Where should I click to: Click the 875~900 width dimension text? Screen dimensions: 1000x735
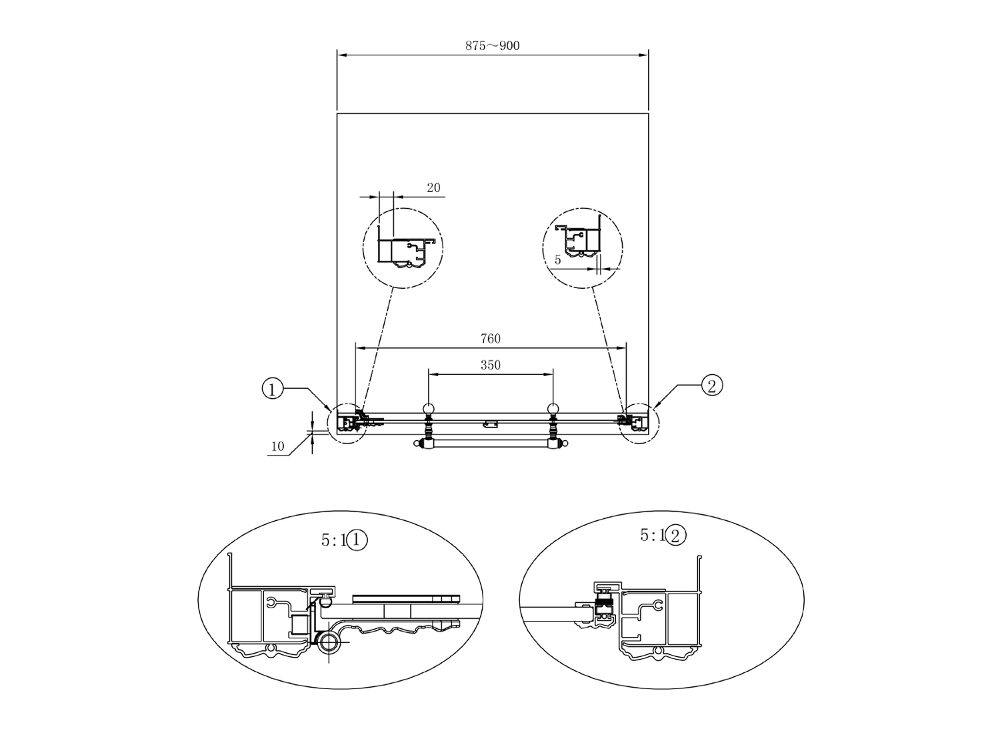click(492, 45)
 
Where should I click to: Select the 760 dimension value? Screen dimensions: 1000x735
click(491, 339)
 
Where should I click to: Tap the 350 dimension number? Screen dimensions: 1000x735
click(491, 365)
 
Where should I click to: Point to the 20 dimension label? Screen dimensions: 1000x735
click(433, 188)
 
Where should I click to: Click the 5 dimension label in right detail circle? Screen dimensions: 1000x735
click(557, 260)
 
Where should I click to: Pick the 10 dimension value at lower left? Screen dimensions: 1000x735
click(278, 446)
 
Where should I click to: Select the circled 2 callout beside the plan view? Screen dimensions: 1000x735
click(712, 386)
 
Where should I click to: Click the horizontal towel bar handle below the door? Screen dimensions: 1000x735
click(491, 444)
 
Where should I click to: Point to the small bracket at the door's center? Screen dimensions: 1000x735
click(491, 424)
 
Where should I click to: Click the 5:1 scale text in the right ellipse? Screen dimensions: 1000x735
click(653, 535)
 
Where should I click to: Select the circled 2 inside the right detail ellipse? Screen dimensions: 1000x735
click(675, 536)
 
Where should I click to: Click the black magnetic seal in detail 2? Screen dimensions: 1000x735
click(604, 608)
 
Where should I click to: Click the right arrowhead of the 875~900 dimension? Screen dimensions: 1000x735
click(643, 55)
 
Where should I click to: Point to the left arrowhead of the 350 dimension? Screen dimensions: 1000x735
click(433, 375)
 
